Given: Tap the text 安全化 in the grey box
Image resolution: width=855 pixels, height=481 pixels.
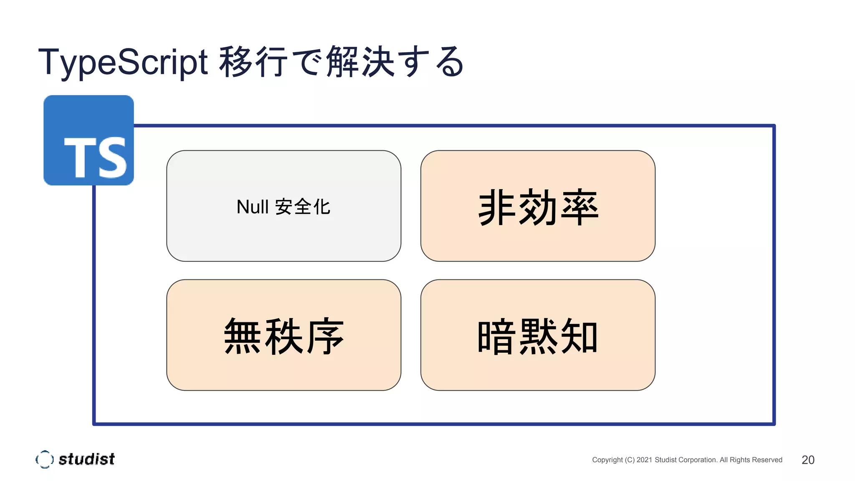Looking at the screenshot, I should tap(303, 207).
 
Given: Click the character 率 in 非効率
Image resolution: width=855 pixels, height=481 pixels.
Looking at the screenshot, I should tap(580, 207).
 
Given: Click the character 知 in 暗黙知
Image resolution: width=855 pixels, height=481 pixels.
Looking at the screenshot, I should tap(579, 337).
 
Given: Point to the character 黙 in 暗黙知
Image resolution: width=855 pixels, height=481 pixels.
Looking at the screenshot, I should tap(538, 337).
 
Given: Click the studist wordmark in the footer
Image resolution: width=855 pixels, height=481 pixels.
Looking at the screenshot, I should tap(86, 459).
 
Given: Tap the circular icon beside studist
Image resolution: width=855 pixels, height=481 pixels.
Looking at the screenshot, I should tap(45, 459).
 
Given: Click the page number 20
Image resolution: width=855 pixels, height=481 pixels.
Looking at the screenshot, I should tap(808, 460).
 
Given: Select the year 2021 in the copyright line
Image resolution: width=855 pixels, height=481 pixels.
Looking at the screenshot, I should tap(644, 460).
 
